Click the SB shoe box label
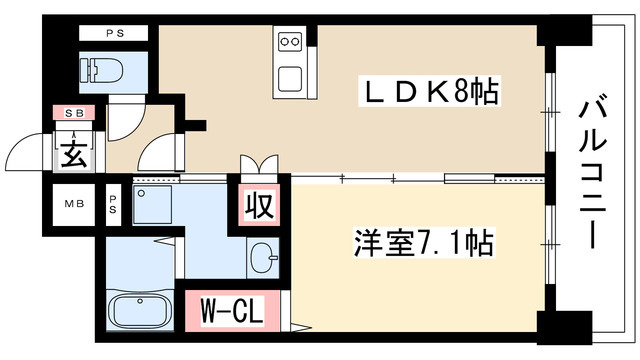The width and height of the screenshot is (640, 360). [75, 113]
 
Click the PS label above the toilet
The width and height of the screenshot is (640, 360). [114, 33]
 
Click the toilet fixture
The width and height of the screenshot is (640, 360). [107, 69]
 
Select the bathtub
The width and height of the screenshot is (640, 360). [141, 311]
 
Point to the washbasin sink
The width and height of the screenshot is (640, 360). [263, 255]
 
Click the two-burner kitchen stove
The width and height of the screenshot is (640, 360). [290, 42]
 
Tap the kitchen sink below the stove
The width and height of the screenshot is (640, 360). [290, 78]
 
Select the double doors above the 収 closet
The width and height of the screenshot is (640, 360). [258, 166]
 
